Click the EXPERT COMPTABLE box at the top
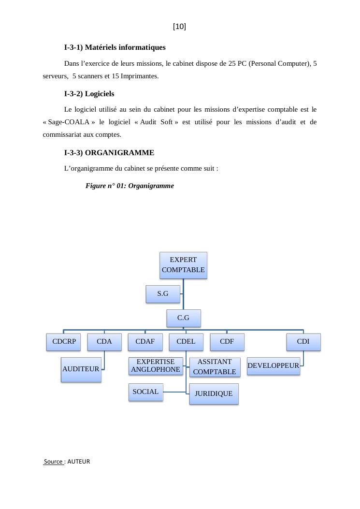pos(183,265)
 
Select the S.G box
pos(163,294)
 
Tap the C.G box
pos(183,318)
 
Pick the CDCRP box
pos(64,342)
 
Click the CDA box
pos(104,342)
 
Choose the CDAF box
pos(145,342)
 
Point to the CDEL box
pos(186,342)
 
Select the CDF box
pos(227,342)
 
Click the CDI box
pos(303,342)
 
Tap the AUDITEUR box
pos(81,369)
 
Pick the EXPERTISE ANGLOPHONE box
pos(156,366)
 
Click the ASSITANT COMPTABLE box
pos(215,367)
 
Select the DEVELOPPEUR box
pos(273,366)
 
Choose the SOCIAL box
pos(145,392)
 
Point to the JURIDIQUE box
pos(214,394)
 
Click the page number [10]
pos(179,27)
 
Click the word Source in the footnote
pos(54,462)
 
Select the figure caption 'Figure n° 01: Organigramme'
pos(130,186)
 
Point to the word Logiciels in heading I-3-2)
pos(100,94)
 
